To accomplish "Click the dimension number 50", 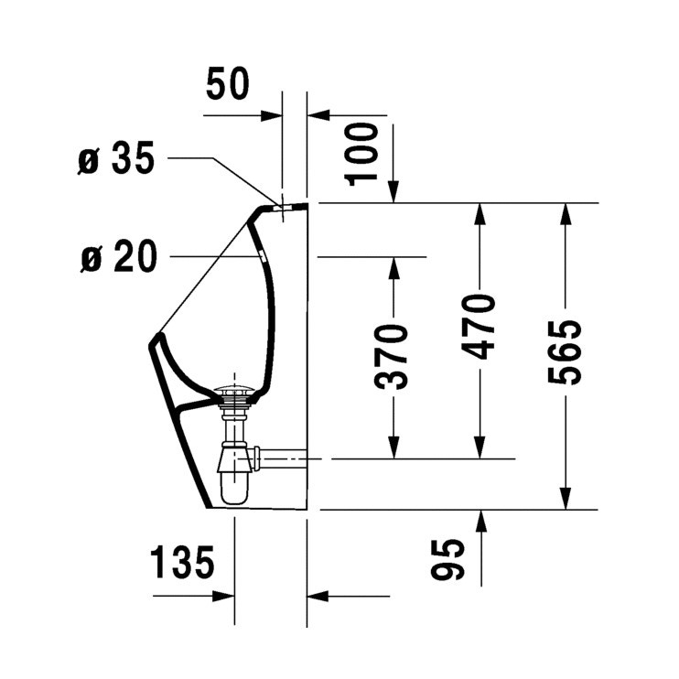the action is point(227,83).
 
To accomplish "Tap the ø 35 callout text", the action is point(116,158).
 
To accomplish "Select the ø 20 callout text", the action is point(119,256).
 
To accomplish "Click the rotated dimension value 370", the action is point(390,356).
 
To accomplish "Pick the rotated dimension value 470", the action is point(478,327).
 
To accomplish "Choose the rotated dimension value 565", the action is point(565,352).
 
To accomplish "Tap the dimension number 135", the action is point(182,562).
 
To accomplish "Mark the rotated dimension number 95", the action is point(447,559).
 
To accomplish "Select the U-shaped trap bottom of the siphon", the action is point(234,489).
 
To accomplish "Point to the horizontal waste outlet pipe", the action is point(282,458).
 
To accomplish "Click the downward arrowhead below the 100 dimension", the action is point(393,191).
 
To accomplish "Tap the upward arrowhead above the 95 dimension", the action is point(481,521).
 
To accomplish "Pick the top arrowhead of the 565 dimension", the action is point(565,214).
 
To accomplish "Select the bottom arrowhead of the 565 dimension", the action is point(565,499).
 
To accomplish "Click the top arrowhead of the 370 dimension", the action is point(393,268).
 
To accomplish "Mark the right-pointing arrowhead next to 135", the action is point(223,597).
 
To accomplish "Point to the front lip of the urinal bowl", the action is point(156,339).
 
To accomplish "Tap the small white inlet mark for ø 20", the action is point(262,254).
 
